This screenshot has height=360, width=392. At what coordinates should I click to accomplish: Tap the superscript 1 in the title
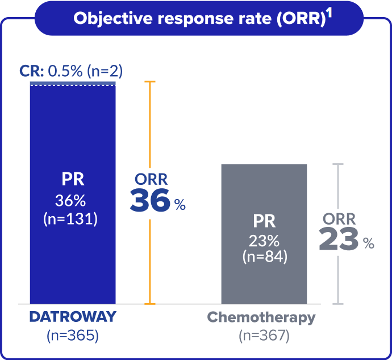pos(329,13)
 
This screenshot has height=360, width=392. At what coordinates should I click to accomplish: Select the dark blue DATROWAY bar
pos(73,256)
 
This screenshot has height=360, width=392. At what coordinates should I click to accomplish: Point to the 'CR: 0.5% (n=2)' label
pos(71,71)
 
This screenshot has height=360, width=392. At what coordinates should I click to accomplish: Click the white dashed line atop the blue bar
pos(73,86)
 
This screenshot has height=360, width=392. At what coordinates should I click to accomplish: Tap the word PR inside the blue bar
pos(73,180)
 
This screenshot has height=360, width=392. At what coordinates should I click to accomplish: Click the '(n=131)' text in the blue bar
pos(73,220)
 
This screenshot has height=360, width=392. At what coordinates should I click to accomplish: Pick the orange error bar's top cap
pos(150,82)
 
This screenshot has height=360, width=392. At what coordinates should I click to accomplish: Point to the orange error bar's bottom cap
pos(150,304)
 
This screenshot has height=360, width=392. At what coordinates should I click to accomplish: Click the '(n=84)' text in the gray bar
pos(264,256)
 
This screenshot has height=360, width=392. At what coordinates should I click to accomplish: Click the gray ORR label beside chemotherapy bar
pos(339,219)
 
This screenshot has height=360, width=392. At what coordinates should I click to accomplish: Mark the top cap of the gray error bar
pos(339,164)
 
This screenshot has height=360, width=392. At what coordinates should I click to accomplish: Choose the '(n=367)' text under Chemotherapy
pos(264,336)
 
